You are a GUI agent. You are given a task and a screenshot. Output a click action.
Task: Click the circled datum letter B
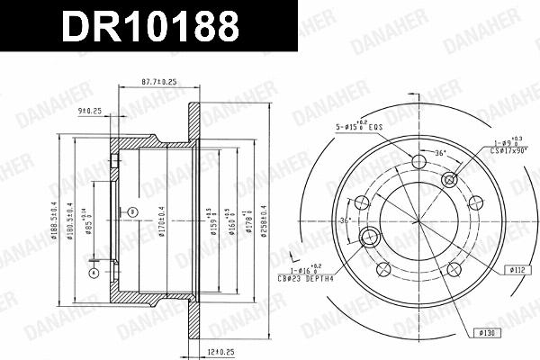[x=132, y=211]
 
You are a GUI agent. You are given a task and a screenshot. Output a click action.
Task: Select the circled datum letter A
[x=92, y=272]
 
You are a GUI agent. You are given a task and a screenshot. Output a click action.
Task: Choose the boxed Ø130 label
[x=490, y=332]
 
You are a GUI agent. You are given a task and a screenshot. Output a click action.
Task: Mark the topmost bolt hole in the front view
[x=418, y=163]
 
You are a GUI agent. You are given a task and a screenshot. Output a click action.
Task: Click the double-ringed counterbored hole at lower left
[x=368, y=238]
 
